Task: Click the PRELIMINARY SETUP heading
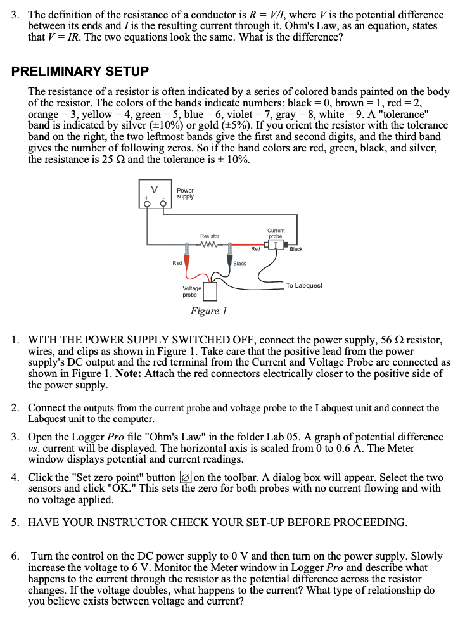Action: pyautogui.click(x=80, y=72)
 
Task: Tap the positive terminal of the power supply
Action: pyautogui.click(x=147, y=203)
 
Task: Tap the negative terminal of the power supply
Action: pyautogui.click(x=164, y=203)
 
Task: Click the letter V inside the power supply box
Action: pyautogui.click(x=154, y=188)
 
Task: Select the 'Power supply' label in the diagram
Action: pyautogui.click(x=185, y=193)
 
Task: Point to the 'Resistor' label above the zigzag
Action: pyautogui.click(x=210, y=236)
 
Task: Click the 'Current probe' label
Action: pyautogui.click(x=276, y=233)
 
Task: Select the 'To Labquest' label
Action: pyautogui.click(x=304, y=286)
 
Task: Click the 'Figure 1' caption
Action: pyautogui.click(x=208, y=310)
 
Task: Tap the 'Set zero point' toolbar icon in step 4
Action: pyautogui.click(x=186, y=478)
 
